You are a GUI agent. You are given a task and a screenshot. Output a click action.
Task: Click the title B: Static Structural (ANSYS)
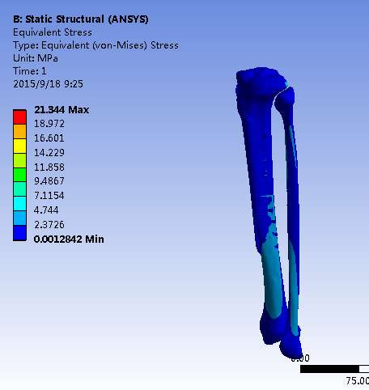tap(81, 19)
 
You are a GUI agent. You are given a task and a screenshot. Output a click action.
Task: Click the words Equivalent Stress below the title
tap(53, 32)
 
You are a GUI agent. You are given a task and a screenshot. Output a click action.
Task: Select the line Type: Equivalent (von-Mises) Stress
tap(95, 45)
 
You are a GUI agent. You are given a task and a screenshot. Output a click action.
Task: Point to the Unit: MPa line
tap(36, 58)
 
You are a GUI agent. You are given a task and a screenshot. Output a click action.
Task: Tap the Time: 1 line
tap(30, 71)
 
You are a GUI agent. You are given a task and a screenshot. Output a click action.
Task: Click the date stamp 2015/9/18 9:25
tap(48, 84)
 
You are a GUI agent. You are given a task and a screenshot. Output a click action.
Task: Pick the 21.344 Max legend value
tap(61, 110)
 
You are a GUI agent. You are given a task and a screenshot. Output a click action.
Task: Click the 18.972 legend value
tap(49, 124)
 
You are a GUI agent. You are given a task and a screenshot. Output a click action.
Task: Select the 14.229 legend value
tap(49, 153)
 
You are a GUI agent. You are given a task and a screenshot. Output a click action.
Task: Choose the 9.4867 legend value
tap(49, 181)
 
